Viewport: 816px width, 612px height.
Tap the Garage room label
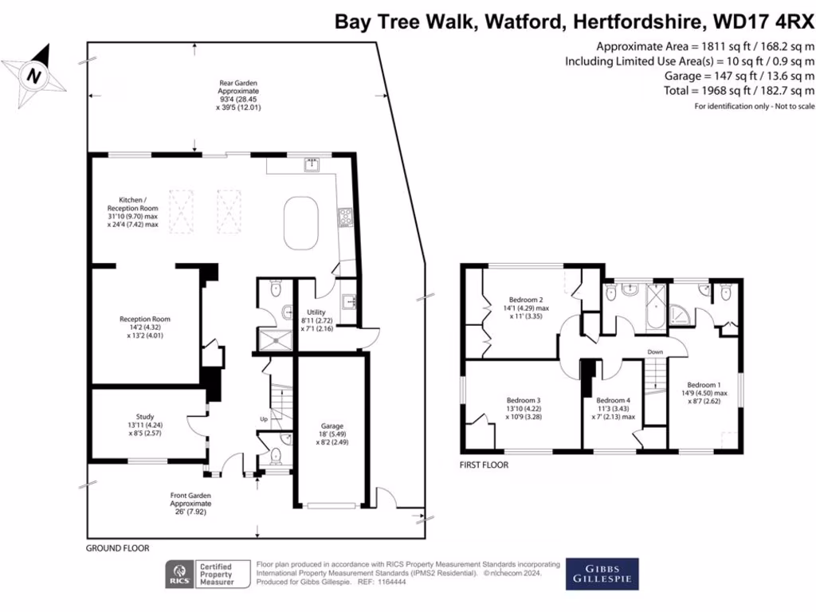pos(333,426)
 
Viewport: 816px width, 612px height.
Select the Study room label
pos(144,416)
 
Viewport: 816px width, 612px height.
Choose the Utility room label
pos(317,312)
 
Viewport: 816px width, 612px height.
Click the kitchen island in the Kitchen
pos(302,222)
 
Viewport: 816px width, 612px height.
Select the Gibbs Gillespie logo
pos(602,574)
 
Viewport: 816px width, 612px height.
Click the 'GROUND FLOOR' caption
pos(117,548)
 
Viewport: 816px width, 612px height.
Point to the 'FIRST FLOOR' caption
pos(484,465)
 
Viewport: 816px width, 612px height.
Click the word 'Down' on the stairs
pos(655,351)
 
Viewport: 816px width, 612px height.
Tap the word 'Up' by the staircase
pos(265,418)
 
